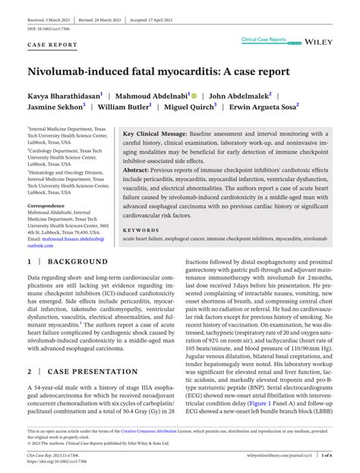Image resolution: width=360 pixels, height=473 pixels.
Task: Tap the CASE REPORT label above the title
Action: [x=52, y=46]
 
